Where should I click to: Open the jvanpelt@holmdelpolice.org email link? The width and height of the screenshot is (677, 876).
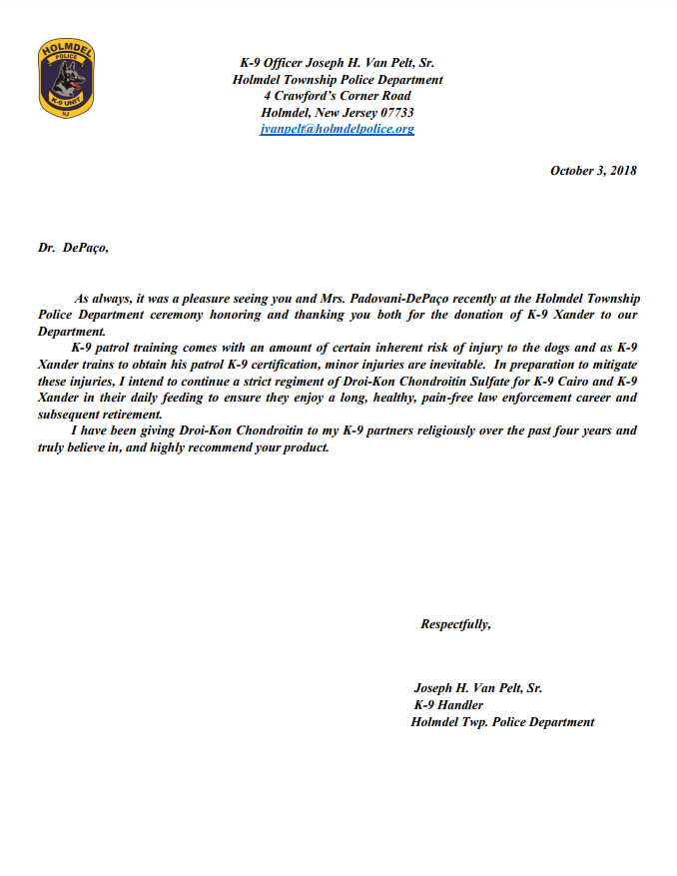(x=337, y=130)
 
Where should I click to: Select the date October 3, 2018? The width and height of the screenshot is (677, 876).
(x=593, y=171)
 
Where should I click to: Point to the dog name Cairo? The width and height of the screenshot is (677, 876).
(x=565, y=381)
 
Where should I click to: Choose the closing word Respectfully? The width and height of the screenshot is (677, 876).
(x=455, y=625)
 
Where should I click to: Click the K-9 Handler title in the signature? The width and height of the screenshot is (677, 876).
(x=448, y=705)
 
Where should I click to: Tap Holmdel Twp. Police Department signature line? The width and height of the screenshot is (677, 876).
(x=502, y=722)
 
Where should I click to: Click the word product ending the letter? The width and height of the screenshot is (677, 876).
(x=304, y=446)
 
